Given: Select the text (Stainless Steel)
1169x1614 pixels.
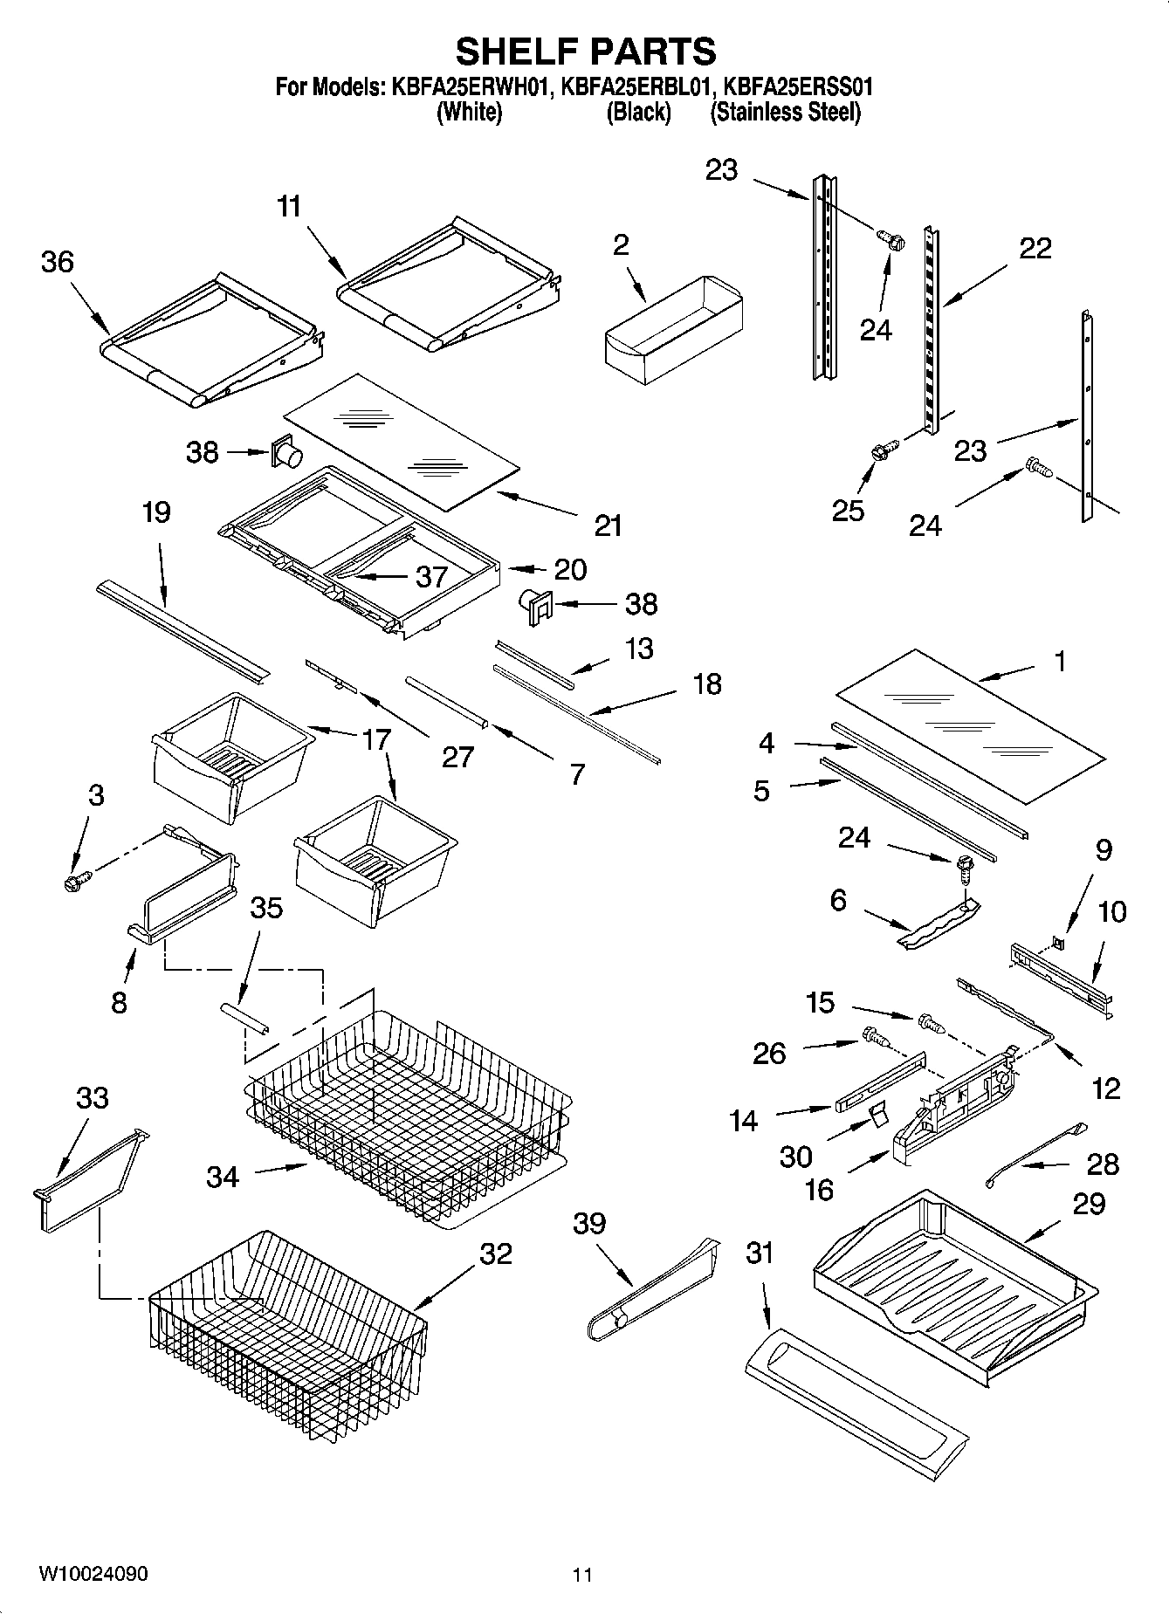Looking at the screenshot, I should pos(785,113).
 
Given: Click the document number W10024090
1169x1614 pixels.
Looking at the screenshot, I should pos(93,1574).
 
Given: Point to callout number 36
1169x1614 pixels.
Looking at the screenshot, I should pos(58,261).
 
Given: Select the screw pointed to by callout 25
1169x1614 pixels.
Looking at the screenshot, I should pos(880,452).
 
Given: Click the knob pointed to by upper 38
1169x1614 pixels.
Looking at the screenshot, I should pos(289,453).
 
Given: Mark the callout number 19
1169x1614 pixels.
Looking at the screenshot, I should pos(156,512).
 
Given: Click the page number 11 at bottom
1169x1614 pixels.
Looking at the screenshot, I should pos(582,1575).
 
